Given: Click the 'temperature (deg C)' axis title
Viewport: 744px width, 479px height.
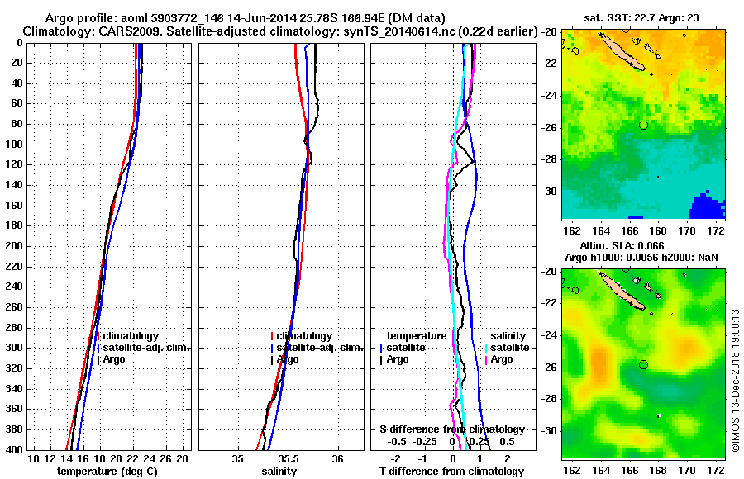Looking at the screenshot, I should [x=107, y=472].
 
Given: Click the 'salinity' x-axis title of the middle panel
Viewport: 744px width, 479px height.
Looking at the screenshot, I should [x=279, y=472].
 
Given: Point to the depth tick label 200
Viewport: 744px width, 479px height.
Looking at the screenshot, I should [x=14, y=246].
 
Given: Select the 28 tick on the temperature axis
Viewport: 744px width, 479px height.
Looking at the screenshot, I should [x=183, y=458].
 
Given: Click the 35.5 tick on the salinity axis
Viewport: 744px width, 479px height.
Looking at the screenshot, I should [x=288, y=458].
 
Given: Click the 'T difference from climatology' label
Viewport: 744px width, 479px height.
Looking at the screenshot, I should [x=451, y=472].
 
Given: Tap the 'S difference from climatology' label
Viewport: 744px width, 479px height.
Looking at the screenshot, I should [x=452, y=429].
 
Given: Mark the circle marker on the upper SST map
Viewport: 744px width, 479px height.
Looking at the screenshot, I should [x=644, y=125].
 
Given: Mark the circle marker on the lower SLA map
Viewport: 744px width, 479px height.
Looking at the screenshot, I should [x=644, y=364].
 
